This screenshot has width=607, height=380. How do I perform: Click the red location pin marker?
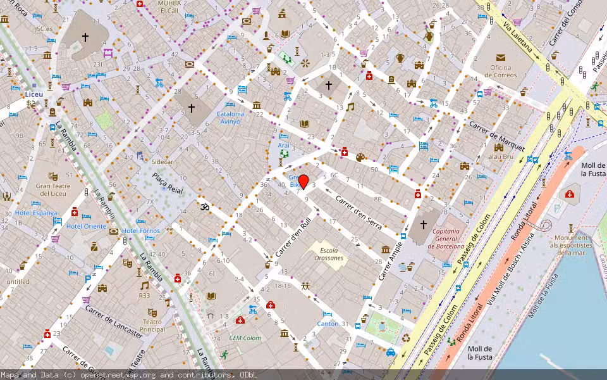[303, 181]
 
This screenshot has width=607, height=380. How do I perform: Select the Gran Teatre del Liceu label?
[52, 189]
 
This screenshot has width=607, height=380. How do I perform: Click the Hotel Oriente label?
[87, 226]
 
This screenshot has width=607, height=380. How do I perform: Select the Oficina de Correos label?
[501, 71]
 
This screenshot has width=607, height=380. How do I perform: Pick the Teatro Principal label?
[152, 326]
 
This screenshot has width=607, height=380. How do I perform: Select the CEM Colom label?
[245, 338]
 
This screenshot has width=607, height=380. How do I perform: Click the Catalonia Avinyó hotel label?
[229, 118]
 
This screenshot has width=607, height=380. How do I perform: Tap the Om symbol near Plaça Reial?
[204, 206]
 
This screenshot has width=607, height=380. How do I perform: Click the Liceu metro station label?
[34, 94]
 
